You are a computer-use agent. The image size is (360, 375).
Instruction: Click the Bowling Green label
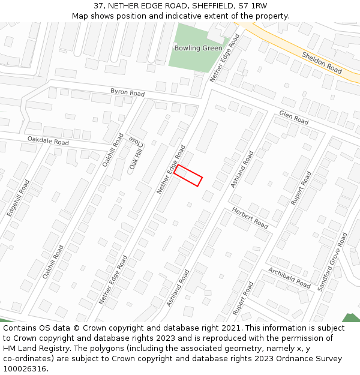[x=198, y=48]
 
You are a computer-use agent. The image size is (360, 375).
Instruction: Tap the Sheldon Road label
[x=322, y=62]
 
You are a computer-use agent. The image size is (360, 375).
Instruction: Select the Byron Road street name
[x=127, y=93]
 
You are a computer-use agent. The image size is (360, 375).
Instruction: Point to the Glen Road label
[x=293, y=118]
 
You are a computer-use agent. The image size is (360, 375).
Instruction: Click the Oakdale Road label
[x=48, y=142]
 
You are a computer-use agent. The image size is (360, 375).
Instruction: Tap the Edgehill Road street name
[x=19, y=197]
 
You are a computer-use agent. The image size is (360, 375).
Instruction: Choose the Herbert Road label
[x=250, y=217]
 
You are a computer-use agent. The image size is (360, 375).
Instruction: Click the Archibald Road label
[x=289, y=277]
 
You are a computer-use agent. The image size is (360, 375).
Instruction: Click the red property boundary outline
[x=188, y=175]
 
